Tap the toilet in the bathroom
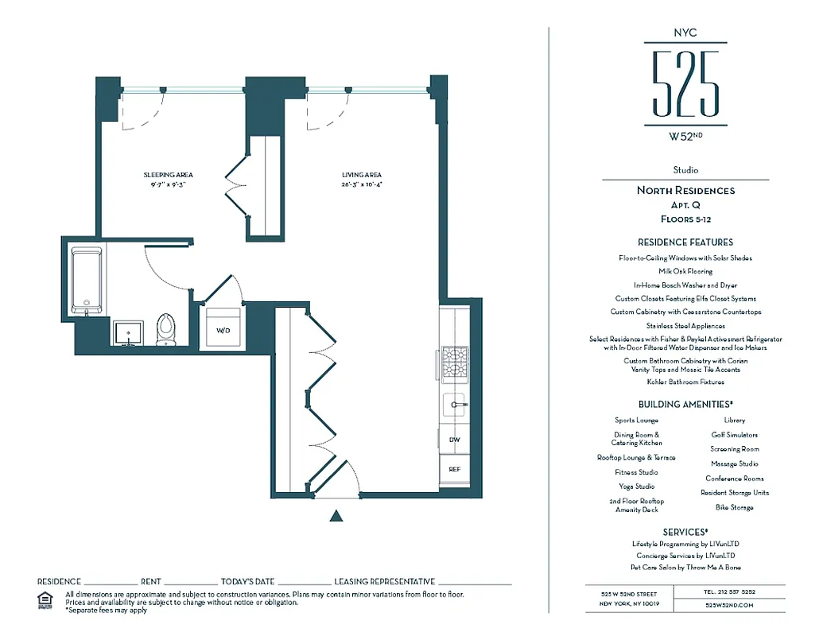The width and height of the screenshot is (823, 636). tap(165, 330)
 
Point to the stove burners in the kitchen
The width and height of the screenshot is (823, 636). tap(454, 363)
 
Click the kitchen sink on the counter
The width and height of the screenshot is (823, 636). tap(455, 405)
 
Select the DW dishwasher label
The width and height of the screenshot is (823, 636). tap(454, 439)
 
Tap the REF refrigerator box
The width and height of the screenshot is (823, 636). tap(454, 469)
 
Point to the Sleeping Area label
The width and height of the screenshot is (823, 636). tap(168, 175)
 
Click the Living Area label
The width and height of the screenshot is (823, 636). tap(362, 175)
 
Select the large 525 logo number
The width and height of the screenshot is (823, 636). tap(685, 83)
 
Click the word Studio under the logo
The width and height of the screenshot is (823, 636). tap(685, 170)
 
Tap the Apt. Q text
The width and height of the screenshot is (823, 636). tap(685, 204)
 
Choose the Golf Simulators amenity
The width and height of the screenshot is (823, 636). tap(734, 435)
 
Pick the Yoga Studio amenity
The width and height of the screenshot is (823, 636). tap(637, 486)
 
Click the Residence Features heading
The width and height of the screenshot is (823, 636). tap(685, 242)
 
